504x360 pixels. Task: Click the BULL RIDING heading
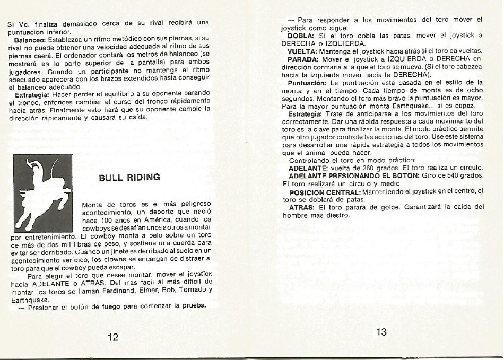[129, 177]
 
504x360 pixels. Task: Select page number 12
[112, 337]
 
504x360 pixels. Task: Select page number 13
[381, 332]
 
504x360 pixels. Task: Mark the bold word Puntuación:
[307, 83]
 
